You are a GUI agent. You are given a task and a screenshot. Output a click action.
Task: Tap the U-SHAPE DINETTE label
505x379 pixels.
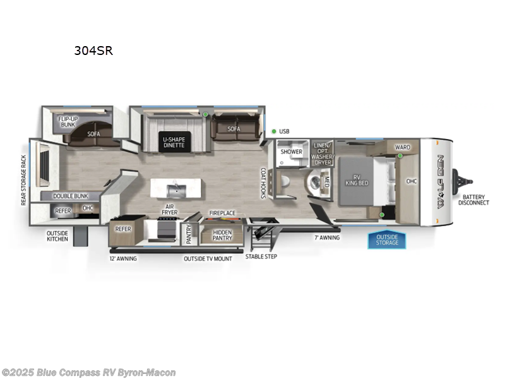(x=174, y=141)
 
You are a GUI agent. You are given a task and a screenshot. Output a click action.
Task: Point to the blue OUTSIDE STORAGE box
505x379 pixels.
(x=387, y=240)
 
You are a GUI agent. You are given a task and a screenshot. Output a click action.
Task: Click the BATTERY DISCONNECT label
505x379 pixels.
(x=473, y=200)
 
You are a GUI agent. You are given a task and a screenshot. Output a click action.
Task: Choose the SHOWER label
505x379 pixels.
(x=292, y=152)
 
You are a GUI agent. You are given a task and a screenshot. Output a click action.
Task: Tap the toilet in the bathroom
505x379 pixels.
(x=285, y=182)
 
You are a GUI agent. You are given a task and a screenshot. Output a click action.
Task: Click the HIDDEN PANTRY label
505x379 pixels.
(x=222, y=235)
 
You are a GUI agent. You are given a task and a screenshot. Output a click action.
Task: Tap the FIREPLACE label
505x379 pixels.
(x=222, y=214)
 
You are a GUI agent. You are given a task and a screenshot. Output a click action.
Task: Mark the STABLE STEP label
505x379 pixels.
(x=261, y=256)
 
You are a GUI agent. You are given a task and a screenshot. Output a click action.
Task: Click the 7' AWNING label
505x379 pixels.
(x=327, y=238)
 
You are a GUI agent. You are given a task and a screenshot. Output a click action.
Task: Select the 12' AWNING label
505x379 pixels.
(x=122, y=258)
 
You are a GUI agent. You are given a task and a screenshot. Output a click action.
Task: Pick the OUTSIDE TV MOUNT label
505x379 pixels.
(x=208, y=258)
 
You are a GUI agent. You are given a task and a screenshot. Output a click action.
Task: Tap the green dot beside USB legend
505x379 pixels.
(x=274, y=131)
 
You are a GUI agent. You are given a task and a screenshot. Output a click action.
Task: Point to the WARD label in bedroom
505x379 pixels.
(x=403, y=147)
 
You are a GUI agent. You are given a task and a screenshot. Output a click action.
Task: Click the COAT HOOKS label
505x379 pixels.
(x=264, y=183)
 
